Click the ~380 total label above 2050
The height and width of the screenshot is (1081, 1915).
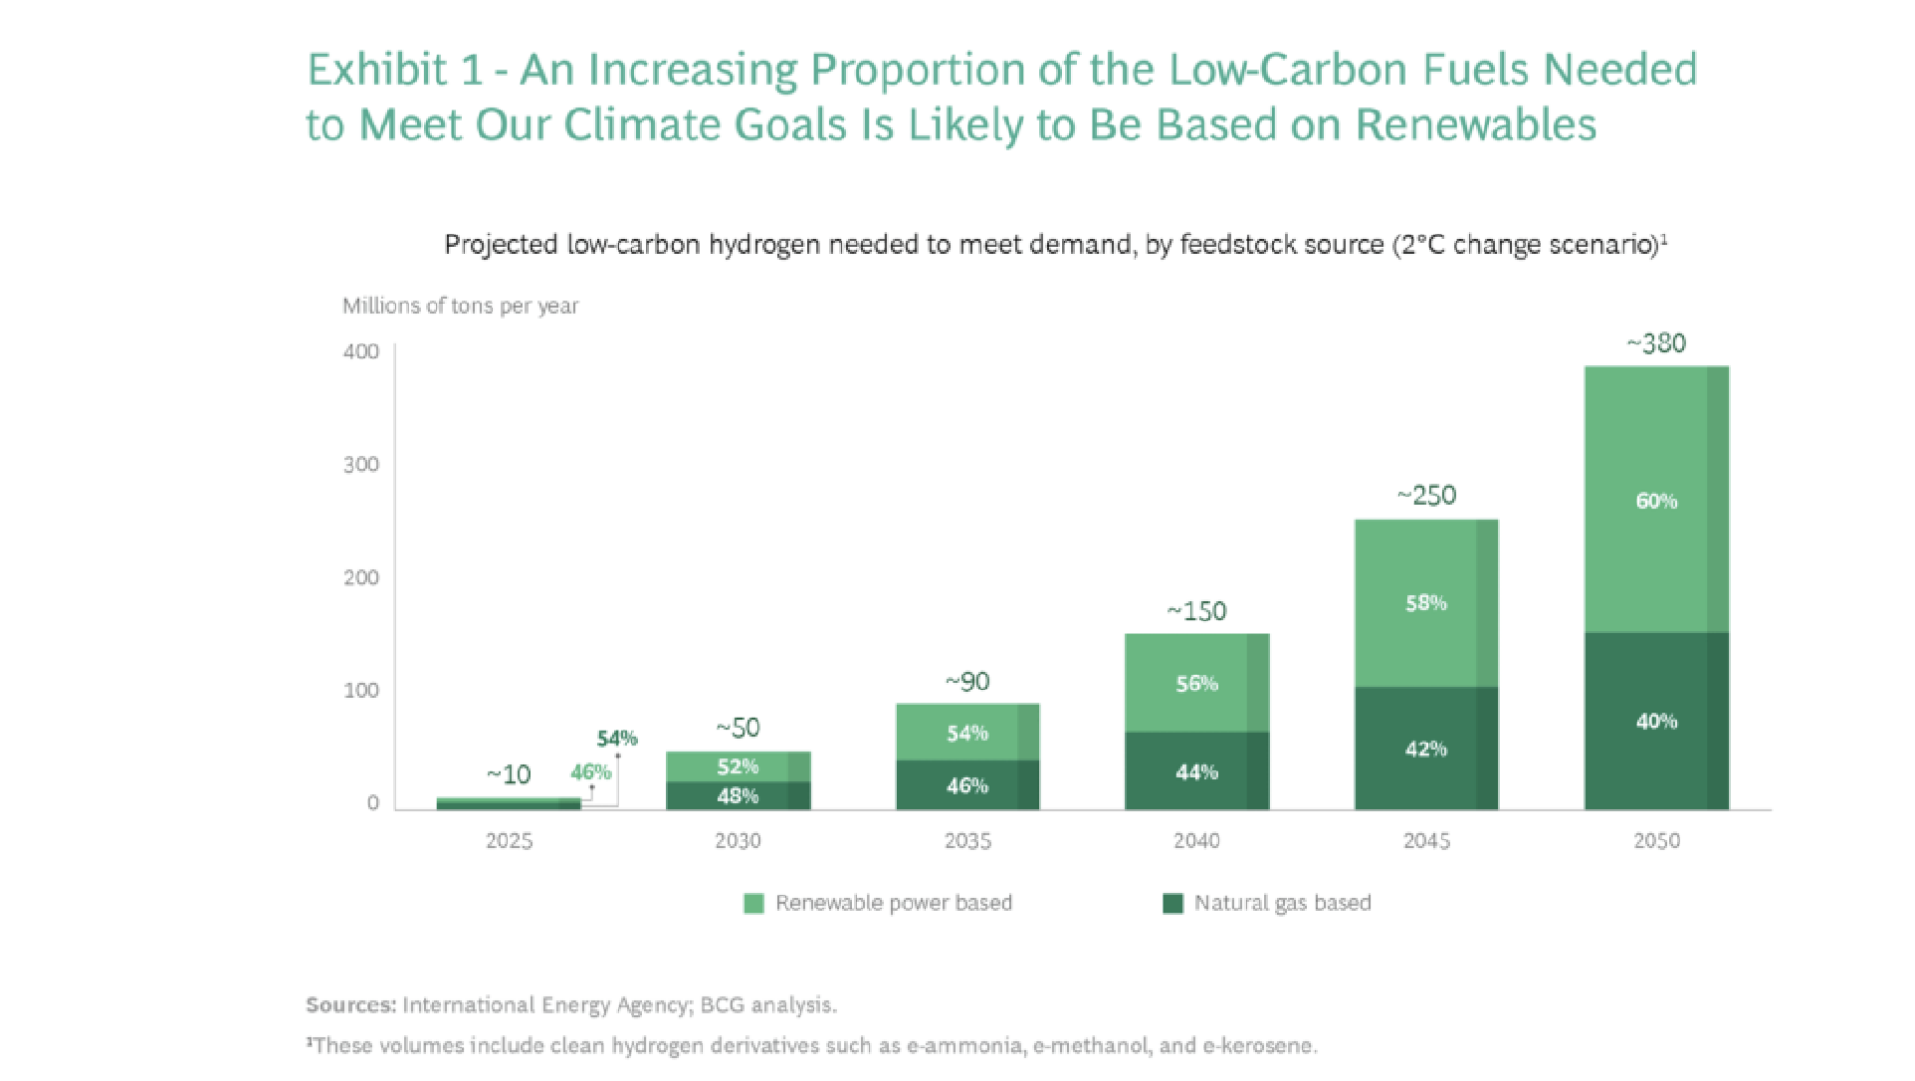coord(1656,343)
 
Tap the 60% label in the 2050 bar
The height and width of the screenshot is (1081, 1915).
coord(1656,501)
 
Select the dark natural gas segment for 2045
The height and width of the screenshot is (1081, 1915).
coord(1425,749)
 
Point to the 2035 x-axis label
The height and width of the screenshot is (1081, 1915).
coord(967,841)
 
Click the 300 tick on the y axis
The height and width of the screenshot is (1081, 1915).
coord(361,465)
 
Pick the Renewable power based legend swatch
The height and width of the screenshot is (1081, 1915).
coord(753,904)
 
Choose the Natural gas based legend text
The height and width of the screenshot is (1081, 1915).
coord(1282,903)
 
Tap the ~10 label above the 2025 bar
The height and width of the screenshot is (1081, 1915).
coord(509,774)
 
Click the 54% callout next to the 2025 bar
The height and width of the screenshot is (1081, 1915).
coord(617,739)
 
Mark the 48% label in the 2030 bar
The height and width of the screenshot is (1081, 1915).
coord(738,795)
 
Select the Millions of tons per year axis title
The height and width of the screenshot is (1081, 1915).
coord(460,306)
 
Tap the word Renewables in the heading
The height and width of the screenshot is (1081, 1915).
coord(1476,125)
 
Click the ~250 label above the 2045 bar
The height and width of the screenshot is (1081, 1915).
coord(1426,496)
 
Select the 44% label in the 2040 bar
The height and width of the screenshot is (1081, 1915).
coord(1196,772)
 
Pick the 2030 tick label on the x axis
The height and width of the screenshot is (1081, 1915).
coord(738,841)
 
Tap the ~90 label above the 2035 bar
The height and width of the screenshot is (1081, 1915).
coord(967,682)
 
